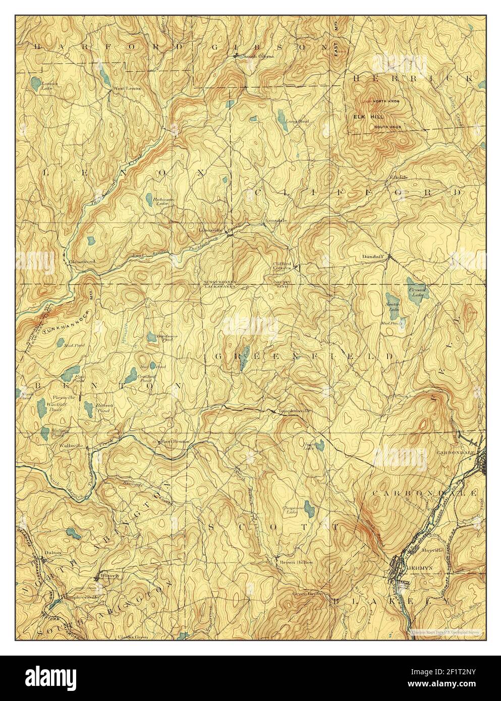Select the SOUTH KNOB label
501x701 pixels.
[387, 127]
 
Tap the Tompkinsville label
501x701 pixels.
[295, 411]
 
